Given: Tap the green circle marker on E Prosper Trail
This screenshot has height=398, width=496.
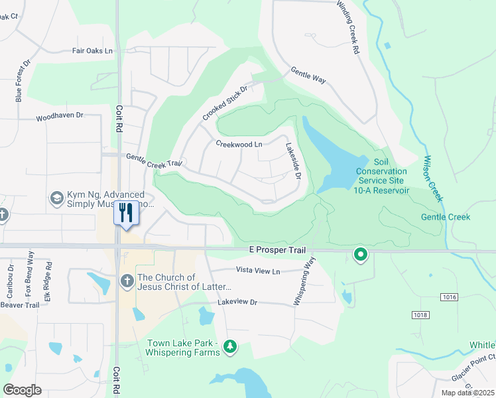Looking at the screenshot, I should pos(361,254).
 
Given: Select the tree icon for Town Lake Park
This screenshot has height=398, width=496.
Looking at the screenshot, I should pos(230,346).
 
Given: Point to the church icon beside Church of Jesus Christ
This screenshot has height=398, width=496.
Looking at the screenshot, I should pos(127,281).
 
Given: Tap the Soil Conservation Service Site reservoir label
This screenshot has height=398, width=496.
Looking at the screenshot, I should pos(381,176).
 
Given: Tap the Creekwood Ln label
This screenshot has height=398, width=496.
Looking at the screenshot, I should pos(239,144).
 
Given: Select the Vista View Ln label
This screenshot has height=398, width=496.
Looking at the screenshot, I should pos(259,271).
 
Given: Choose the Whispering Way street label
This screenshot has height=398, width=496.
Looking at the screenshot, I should pos(305,283).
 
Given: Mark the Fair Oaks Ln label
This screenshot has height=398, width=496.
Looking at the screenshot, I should pos(93,50).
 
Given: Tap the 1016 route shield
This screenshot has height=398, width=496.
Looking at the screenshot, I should pos(449,297).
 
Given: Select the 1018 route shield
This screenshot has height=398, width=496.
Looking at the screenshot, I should pos(419,314).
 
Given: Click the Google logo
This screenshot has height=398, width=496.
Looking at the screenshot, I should pos(23,390).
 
